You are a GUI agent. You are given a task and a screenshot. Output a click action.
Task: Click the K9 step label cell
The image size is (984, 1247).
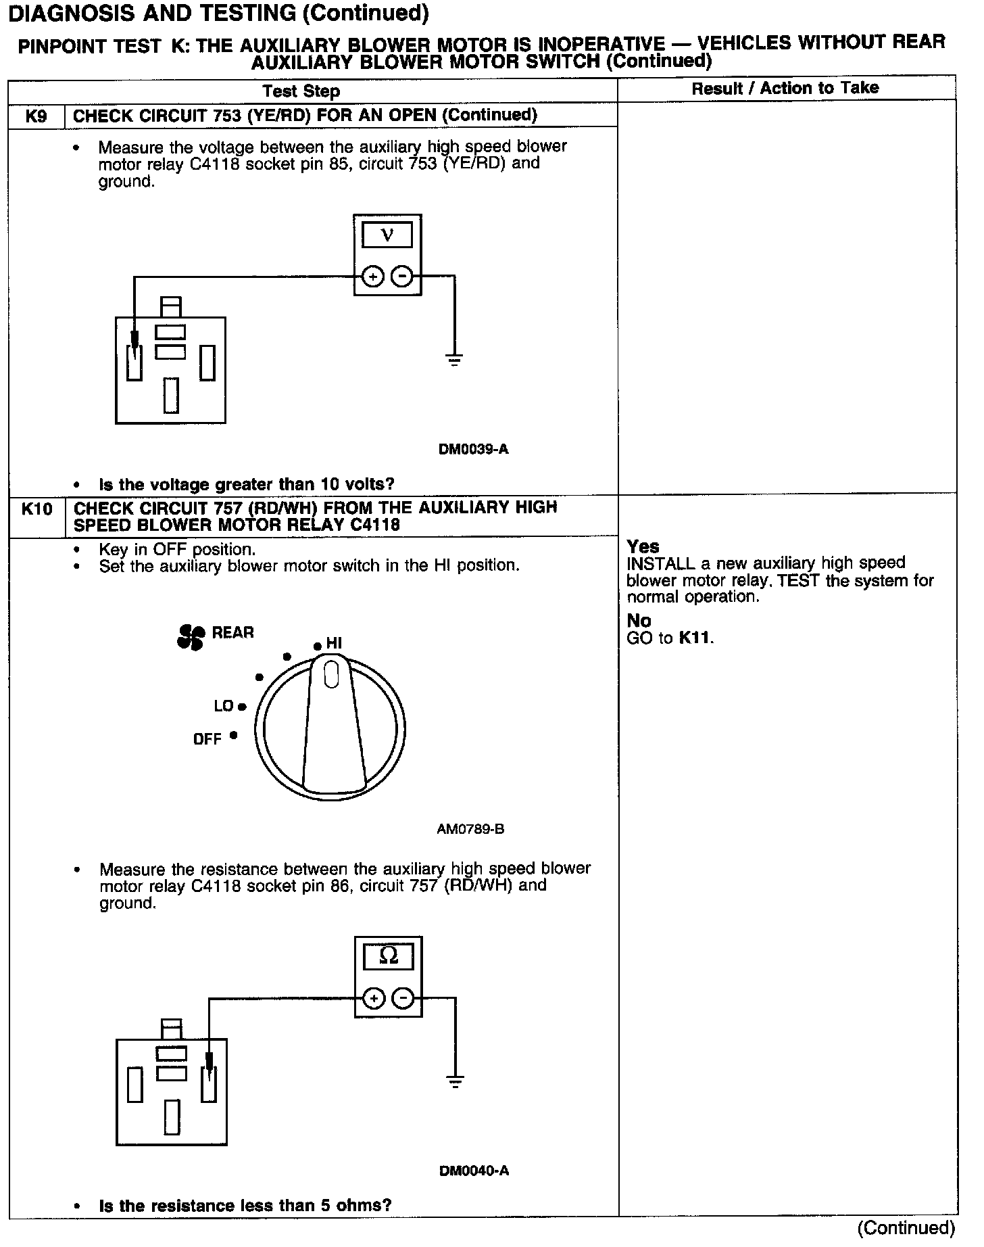[36, 116]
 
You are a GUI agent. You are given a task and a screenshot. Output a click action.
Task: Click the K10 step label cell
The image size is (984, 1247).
[36, 509]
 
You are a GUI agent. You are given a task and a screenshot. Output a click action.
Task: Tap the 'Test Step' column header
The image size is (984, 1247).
[301, 91]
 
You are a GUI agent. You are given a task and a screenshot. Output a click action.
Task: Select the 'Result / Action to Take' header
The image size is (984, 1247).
[785, 88]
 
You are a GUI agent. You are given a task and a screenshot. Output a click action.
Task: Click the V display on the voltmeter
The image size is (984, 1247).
[387, 235]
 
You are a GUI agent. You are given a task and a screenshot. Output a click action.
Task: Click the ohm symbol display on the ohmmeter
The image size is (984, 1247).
[389, 956]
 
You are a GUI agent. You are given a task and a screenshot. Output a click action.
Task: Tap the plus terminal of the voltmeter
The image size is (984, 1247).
[372, 277]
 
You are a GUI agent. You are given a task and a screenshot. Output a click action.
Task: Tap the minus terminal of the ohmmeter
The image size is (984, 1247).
[403, 998]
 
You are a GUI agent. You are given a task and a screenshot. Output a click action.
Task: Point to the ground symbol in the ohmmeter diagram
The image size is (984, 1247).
[456, 1081]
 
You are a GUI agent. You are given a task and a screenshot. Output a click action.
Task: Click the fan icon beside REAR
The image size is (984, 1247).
[191, 636]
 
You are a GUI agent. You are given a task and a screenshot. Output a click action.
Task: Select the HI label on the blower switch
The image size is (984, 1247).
[334, 643]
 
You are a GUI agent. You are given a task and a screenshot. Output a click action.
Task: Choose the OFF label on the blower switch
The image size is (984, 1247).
[207, 739]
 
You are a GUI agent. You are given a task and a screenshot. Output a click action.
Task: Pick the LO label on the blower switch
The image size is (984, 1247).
[223, 706]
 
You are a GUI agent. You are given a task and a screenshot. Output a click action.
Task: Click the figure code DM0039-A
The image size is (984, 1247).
[473, 449]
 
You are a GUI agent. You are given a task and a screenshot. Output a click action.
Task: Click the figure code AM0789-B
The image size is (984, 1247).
[470, 829]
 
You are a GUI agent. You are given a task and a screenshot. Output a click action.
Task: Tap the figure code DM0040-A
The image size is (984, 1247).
[474, 1171]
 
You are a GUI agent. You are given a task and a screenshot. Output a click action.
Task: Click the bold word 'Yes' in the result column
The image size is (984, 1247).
[643, 546]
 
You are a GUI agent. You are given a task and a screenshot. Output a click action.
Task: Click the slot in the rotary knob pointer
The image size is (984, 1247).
[331, 674]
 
